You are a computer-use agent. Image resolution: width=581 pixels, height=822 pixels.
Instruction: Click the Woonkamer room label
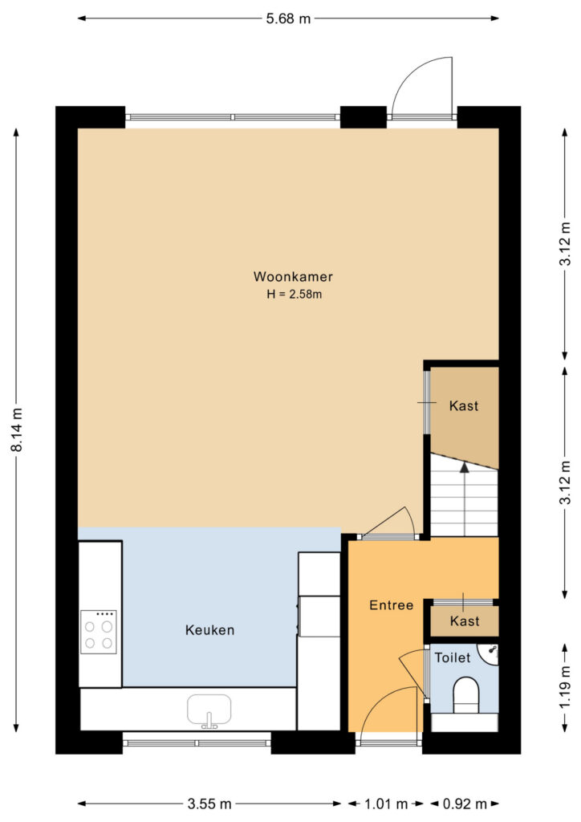point(293,276)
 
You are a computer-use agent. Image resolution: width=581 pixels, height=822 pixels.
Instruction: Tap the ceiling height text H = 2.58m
point(294,294)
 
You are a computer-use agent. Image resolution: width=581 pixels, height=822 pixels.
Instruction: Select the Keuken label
point(209,629)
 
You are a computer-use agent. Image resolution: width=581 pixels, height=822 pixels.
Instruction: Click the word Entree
point(392,605)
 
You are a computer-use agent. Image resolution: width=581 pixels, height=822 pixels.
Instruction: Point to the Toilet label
point(453,657)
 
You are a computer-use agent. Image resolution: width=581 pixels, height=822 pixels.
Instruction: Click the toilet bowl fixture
point(465,695)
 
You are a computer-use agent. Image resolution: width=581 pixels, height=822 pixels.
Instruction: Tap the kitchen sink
point(209,711)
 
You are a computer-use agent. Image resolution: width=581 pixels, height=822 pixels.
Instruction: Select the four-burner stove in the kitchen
point(99,632)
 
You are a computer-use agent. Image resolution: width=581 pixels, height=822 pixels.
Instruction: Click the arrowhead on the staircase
point(464,468)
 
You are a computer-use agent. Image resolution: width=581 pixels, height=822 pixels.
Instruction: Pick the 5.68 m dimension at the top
point(288,19)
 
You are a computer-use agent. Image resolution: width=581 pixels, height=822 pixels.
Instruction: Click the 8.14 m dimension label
point(17,430)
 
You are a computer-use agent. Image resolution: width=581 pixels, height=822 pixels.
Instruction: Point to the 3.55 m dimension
point(209,804)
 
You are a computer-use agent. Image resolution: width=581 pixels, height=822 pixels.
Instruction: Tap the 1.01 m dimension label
point(386,804)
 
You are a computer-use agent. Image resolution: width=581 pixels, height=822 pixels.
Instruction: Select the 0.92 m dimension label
point(465,804)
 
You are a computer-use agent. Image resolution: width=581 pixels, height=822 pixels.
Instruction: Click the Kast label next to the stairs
point(464,405)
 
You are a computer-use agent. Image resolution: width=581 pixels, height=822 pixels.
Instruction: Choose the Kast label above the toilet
point(465,621)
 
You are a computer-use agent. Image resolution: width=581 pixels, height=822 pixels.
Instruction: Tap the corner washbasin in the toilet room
point(490,653)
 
